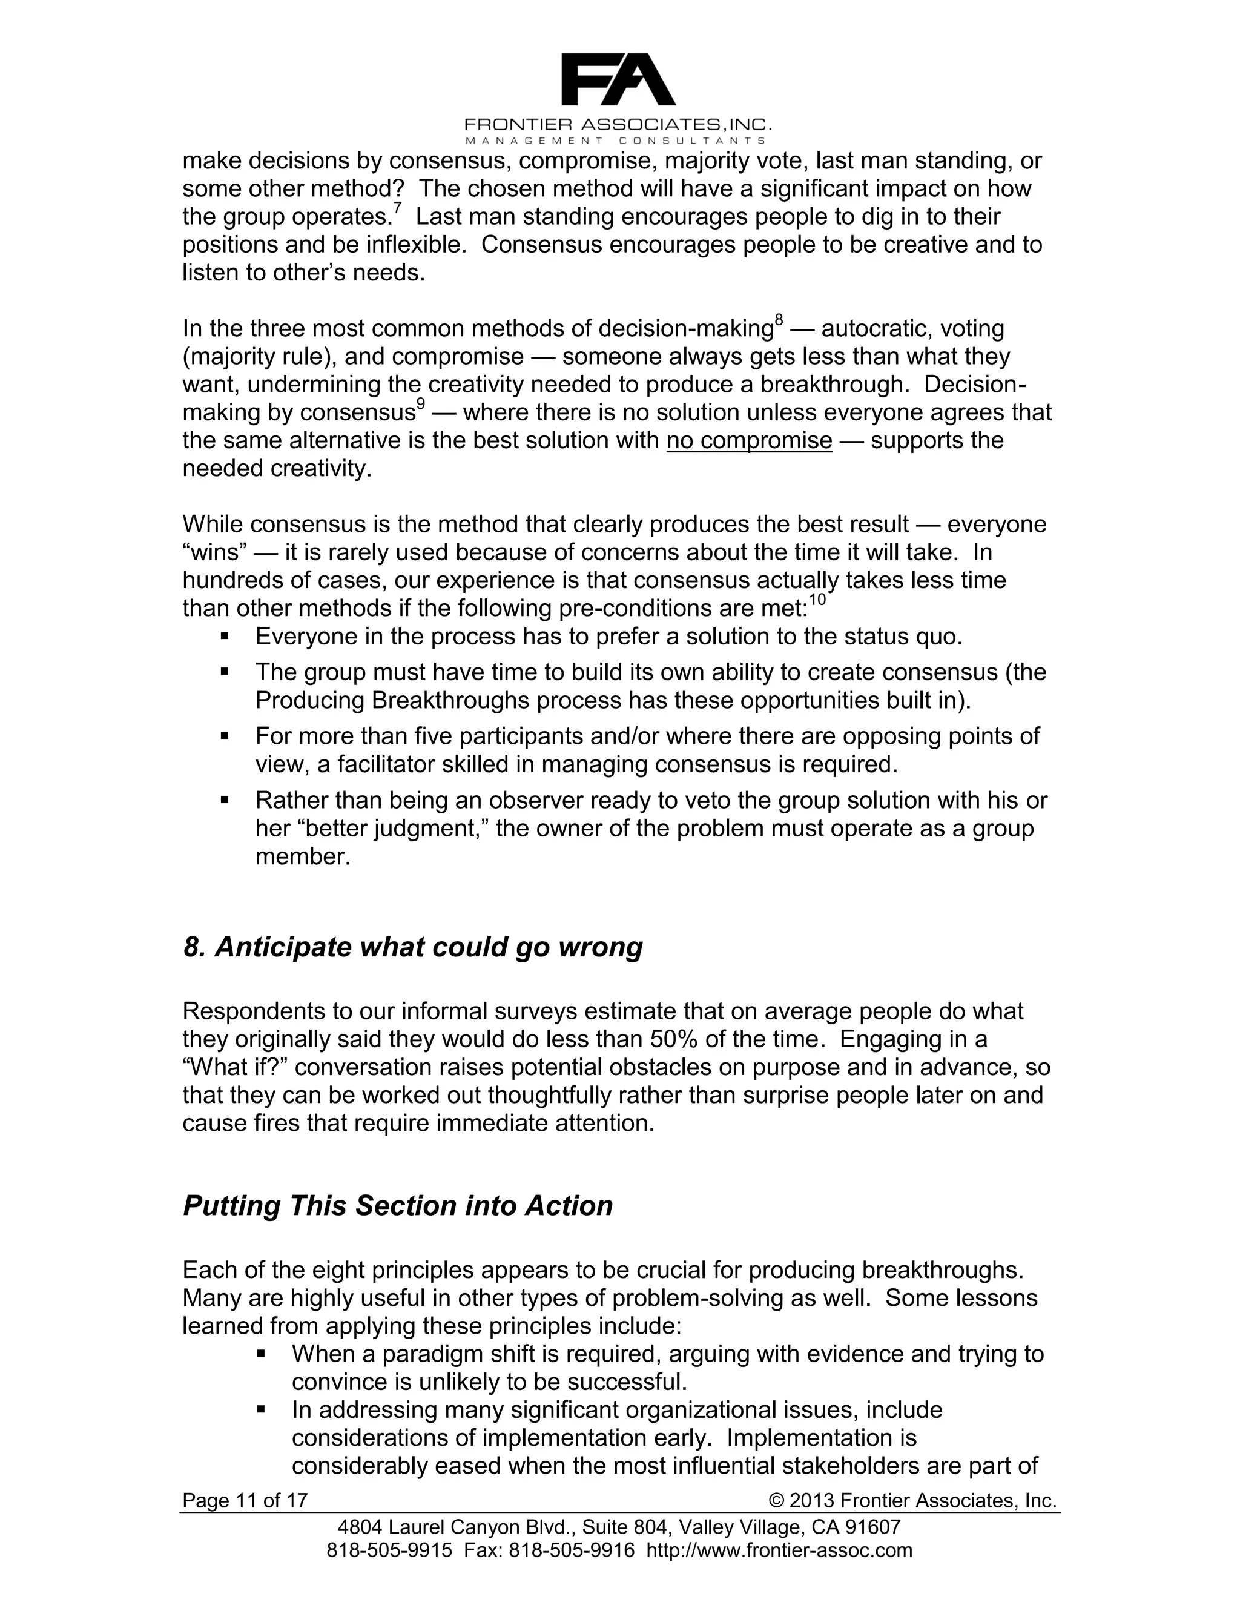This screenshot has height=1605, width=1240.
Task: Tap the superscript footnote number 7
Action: coord(397,208)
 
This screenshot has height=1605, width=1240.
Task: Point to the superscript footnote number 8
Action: coord(779,320)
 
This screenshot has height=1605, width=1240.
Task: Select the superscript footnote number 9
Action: coord(421,403)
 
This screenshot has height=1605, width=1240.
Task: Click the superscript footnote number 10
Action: coord(817,600)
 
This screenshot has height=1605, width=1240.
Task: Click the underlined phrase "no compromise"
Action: coord(750,440)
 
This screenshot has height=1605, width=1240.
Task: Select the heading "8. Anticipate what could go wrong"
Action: coord(412,947)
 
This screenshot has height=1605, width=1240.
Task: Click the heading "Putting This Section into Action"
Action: coord(397,1206)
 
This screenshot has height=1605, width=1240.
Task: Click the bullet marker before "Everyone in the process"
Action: coord(225,636)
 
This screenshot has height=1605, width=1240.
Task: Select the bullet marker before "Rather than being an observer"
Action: coord(225,799)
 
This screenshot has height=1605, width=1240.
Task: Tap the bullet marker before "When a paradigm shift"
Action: coord(261,1353)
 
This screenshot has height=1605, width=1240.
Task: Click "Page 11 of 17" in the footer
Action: coord(245,1501)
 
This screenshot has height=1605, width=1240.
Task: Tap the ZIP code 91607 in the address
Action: coord(874,1527)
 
